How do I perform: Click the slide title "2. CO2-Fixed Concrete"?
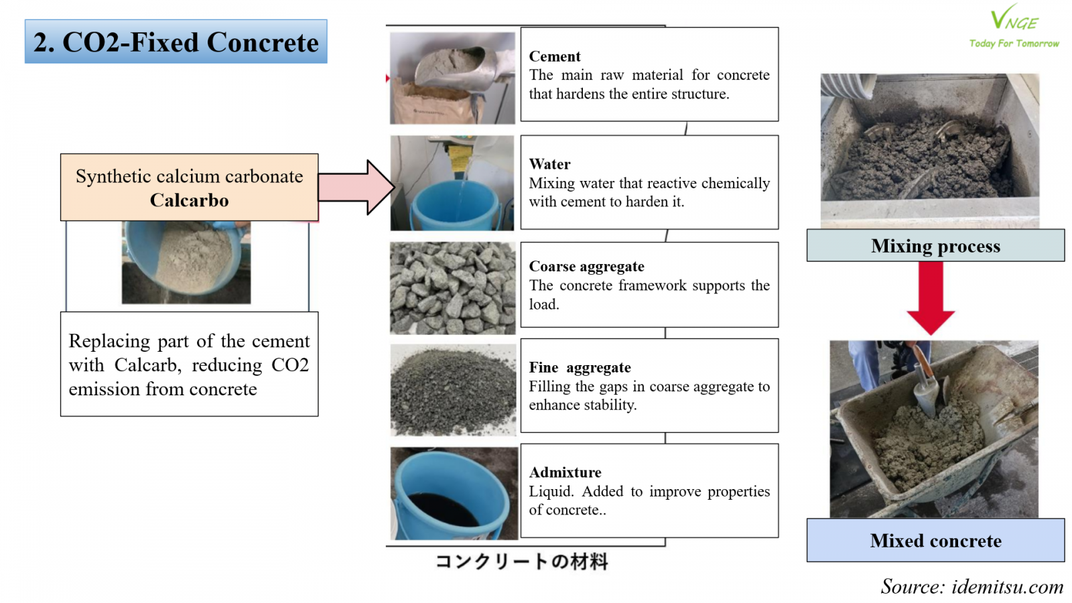(x=176, y=42)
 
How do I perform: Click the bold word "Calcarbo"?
(x=189, y=200)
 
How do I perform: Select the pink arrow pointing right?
(x=356, y=187)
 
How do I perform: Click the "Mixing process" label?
(x=935, y=246)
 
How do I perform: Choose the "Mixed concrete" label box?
(x=935, y=540)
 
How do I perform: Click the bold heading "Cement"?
(x=555, y=56)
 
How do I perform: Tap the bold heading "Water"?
(x=549, y=164)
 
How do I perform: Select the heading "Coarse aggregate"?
(x=586, y=267)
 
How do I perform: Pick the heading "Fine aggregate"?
(x=580, y=367)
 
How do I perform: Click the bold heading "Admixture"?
(x=565, y=472)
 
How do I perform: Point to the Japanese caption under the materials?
(x=521, y=561)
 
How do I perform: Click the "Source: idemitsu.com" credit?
(x=972, y=586)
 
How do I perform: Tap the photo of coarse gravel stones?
(x=453, y=288)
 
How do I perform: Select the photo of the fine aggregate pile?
(x=453, y=390)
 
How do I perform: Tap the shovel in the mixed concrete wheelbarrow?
(x=928, y=385)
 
